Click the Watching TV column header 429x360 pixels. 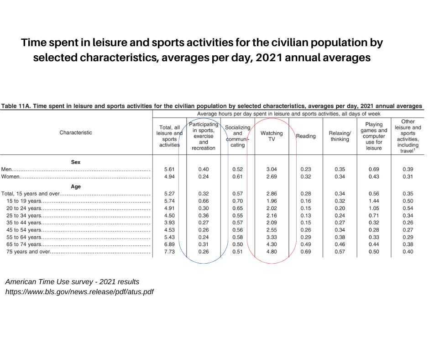pyautogui.click(x=271, y=136)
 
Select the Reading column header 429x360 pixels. pyautogui.click(x=306, y=136)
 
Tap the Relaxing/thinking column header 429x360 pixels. pyautogui.click(x=340, y=136)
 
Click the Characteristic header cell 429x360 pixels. pyautogui.click(x=76, y=132)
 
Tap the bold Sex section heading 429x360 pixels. pyautogui.click(x=76, y=162)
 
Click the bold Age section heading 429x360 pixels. pyautogui.click(x=76, y=186)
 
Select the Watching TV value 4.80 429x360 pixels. pyautogui.click(x=271, y=252)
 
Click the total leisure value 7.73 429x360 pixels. pyautogui.click(x=169, y=252)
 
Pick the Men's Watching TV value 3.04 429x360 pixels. pyautogui.click(x=271, y=169)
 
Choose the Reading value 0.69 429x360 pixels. pyautogui.click(x=306, y=252)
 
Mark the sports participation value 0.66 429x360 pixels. pyautogui.click(x=204, y=201)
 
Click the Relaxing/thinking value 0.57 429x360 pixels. pyautogui.click(x=340, y=252)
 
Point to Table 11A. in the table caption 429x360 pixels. pyautogui.click(x=17, y=106)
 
